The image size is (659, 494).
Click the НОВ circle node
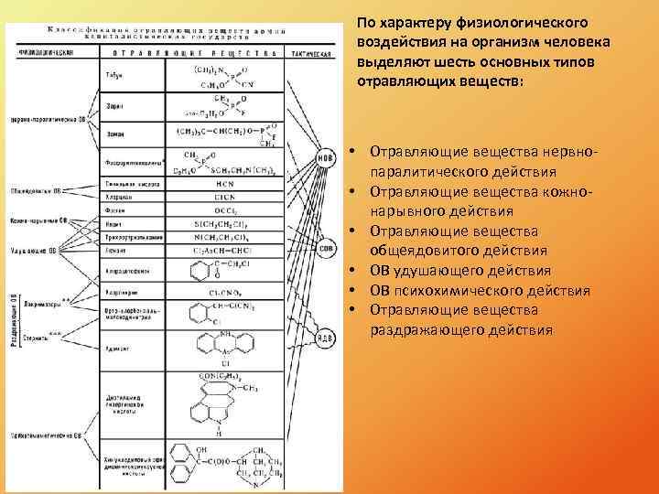point(323,156)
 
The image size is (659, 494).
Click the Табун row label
point(115,74)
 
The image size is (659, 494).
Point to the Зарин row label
point(115,107)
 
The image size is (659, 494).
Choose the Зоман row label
point(115,134)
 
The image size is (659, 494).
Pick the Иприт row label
point(115,223)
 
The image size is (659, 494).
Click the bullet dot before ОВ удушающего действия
point(351,271)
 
